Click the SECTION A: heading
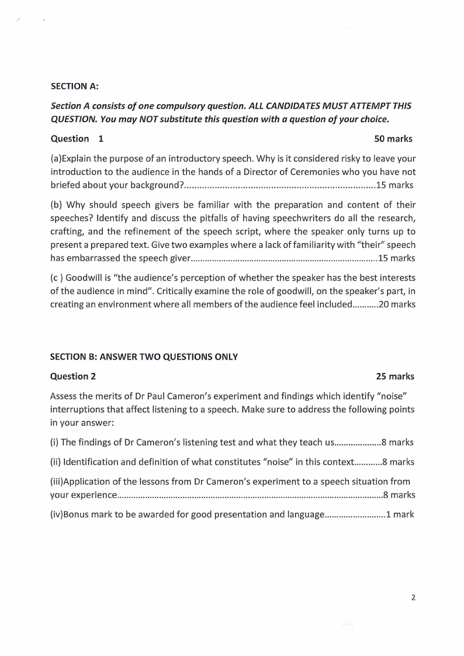tap(74, 87)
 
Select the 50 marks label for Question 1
tap(393, 139)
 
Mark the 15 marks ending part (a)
tap(394, 185)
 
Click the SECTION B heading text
tap(144, 357)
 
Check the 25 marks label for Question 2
tap(395, 377)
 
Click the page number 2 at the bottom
tap(413, 598)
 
